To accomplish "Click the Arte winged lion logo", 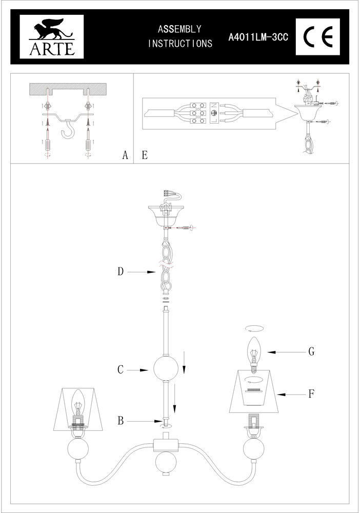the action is pos(52,36).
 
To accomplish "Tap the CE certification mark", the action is pos(317,36).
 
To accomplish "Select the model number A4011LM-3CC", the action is pos(258,37).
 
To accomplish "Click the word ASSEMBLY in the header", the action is pos(179,29).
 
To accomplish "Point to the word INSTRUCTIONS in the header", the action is pos(180,44).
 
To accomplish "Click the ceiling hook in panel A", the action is pos(68,129).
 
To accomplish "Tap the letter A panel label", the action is pos(125,155).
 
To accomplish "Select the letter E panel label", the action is pos(145,155).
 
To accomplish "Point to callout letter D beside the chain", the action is pos(121,271).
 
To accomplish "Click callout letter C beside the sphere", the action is pos(121,370).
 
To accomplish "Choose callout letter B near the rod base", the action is pos(121,421).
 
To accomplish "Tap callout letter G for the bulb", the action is pos(311,352).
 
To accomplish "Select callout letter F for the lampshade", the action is pos(311,394).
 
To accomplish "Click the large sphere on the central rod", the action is pos(166,368).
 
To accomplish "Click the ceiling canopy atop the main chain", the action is pos(166,215).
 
